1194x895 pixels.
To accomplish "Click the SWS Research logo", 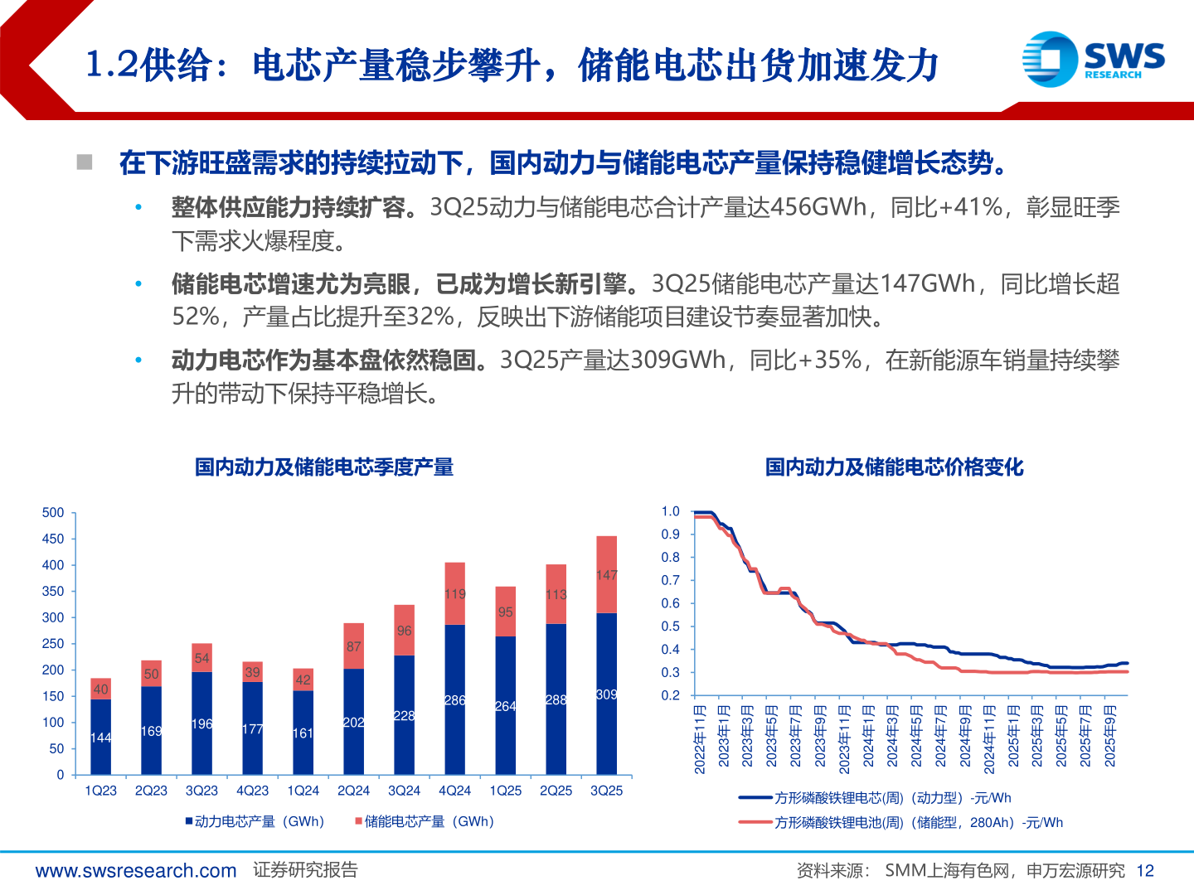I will click(1093, 59).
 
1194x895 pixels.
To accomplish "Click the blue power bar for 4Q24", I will click(454, 699).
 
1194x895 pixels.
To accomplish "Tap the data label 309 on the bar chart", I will click(606, 694).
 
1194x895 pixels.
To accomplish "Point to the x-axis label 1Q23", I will click(100, 791).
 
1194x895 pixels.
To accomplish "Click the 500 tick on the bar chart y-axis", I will click(53, 513).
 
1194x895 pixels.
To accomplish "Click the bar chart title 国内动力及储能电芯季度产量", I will click(324, 467).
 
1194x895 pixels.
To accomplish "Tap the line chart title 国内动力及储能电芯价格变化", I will click(894, 467).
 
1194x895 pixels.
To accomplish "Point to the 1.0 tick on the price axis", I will click(670, 512).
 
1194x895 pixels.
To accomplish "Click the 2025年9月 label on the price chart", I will click(1110, 736).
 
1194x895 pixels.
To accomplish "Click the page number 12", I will click(1145, 871).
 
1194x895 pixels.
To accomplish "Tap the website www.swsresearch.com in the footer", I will click(136, 871).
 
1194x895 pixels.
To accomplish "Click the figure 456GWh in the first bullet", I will click(818, 207).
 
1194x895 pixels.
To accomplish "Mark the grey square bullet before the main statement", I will click(85, 162).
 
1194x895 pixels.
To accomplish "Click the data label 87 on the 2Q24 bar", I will click(353, 646).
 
